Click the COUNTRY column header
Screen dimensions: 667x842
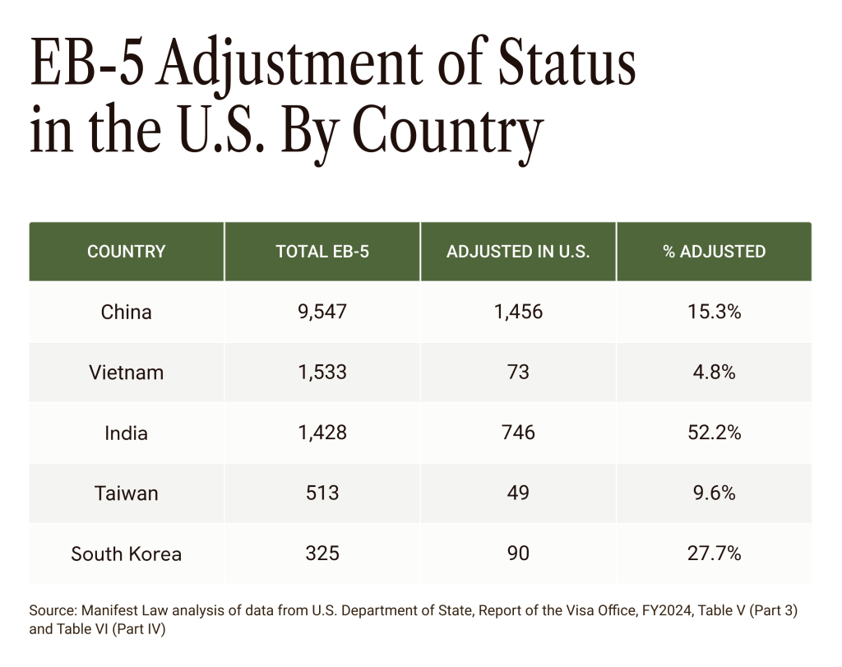coord(126,252)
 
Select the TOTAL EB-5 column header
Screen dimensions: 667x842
coord(322,252)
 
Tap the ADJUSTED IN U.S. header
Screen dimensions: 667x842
coord(518,252)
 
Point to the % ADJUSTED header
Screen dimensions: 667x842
coord(714,252)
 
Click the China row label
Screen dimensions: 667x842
coord(126,313)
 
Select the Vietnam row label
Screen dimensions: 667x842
coord(126,373)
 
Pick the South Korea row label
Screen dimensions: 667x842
coord(126,554)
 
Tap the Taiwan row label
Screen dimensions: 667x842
coord(126,493)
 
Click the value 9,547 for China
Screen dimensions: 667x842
coord(322,313)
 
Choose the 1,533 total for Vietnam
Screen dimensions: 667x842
coord(322,373)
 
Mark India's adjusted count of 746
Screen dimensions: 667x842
coord(518,433)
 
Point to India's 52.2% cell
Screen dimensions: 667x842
coord(714,433)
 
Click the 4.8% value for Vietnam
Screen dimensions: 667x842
coord(714,373)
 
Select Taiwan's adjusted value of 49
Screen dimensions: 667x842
coord(518,493)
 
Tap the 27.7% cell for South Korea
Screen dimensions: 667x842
coord(714,554)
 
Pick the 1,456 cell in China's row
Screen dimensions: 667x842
coord(518,313)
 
